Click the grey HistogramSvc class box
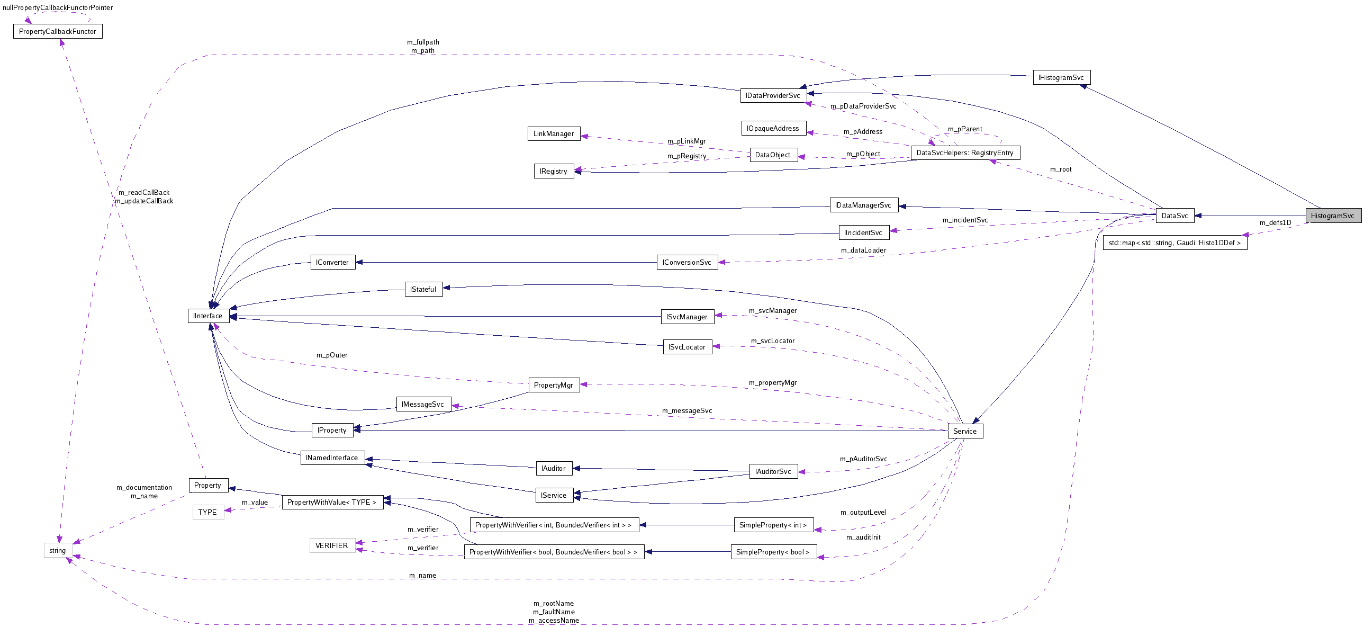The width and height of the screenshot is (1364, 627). tap(1333, 216)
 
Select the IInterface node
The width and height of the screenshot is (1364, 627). tap(208, 316)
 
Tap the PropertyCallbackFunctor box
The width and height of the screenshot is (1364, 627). tap(58, 32)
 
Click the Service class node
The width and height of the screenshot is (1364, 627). tap(965, 431)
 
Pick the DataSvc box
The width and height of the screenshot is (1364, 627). tap(1175, 216)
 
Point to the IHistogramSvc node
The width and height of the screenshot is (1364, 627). tap(1061, 78)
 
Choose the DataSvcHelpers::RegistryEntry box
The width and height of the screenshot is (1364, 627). tap(965, 153)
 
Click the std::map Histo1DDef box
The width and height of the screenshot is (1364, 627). tap(1175, 243)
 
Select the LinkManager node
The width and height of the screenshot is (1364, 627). tap(553, 134)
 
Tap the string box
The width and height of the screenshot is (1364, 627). tap(58, 551)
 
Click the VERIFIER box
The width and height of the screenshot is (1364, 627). tap(331, 546)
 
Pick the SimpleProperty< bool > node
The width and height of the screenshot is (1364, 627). tap(773, 552)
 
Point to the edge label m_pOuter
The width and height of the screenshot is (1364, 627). tap(332, 355)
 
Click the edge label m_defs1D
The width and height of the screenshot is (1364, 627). tap(1275, 223)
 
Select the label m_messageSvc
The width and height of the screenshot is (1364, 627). tap(687, 411)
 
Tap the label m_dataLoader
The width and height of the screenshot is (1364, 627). tap(863, 250)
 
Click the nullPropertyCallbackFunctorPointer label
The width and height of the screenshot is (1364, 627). tap(58, 8)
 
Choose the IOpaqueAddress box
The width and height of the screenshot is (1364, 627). tap(773, 129)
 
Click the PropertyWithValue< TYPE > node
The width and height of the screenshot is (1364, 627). tap(332, 503)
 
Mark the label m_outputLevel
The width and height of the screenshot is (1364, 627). tap(863, 513)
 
